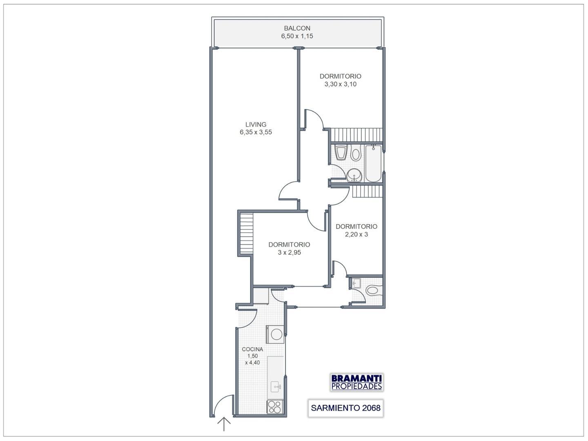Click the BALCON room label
click(x=297, y=28)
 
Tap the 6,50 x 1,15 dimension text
click(x=297, y=36)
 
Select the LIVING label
click(x=256, y=125)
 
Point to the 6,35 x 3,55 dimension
click(x=256, y=132)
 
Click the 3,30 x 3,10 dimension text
click(x=341, y=84)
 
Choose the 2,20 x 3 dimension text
click(x=356, y=234)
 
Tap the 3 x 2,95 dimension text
click(x=290, y=252)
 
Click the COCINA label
click(x=252, y=349)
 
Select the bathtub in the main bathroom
click(x=373, y=163)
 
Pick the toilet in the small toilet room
click(x=374, y=290)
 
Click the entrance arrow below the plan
click(x=224, y=424)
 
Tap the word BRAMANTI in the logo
click(x=356, y=379)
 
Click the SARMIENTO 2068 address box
click(x=345, y=408)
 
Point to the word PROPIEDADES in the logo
click(x=356, y=386)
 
